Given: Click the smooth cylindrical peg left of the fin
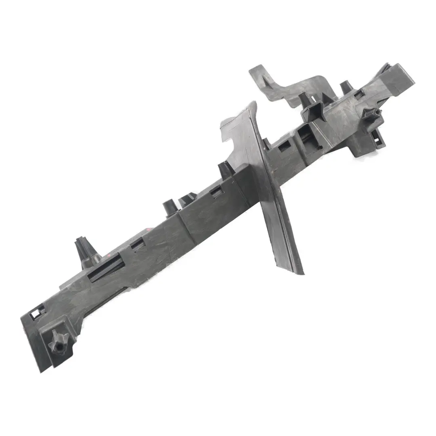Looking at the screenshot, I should [x=169, y=207].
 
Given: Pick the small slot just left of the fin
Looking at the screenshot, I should [x=216, y=191].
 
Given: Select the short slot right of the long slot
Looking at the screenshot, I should [x=138, y=243].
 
